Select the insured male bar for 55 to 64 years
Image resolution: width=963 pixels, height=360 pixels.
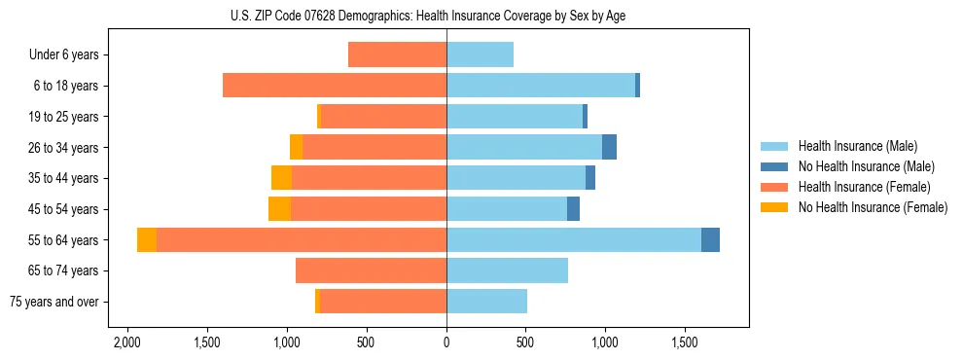tap(574, 239)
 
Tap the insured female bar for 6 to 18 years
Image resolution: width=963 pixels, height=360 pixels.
tap(335, 86)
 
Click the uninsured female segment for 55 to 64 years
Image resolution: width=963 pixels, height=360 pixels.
tap(147, 239)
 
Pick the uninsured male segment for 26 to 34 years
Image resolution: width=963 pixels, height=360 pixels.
tap(609, 147)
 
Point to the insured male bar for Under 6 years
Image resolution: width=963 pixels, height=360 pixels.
tap(480, 54)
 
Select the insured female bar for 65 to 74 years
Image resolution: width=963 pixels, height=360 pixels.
tap(371, 270)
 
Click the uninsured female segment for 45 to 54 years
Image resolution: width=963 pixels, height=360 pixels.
tap(279, 209)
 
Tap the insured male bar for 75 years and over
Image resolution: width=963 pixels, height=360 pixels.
tap(486, 302)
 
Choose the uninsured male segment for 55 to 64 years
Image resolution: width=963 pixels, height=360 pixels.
tap(710, 239)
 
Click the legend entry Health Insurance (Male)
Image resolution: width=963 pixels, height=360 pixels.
tap(857, 146)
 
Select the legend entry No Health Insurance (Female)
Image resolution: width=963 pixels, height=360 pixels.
tap(873, 207)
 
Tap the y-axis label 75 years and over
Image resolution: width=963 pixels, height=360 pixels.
tap(54, 302)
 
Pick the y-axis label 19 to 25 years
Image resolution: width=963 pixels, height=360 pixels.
tap(64, 117)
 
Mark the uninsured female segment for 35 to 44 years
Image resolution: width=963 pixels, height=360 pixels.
tap(281, 178)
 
